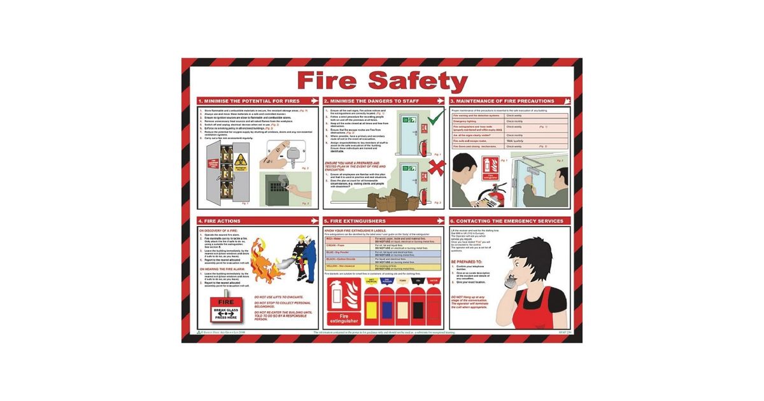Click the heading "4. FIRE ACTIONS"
click(220, 221)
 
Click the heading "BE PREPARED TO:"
click(468, 261)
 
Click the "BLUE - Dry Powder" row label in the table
click(337, 251)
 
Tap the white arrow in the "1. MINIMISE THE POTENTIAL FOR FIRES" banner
click(313, 101)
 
